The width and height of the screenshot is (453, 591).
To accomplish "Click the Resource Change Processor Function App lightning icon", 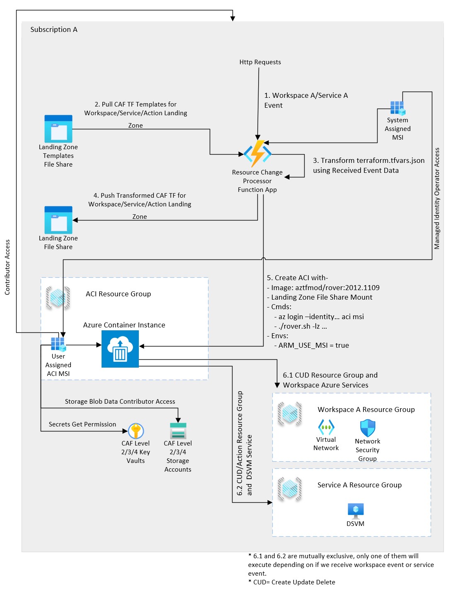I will (257, 153).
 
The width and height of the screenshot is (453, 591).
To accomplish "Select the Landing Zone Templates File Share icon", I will (58, 129).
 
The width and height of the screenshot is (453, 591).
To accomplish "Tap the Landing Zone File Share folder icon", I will (58, 220).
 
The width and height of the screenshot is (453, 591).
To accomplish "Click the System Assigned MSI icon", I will (397, 108).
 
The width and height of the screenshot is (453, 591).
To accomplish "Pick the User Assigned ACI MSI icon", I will (58, 344).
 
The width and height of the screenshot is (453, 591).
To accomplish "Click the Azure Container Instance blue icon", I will (120, 349).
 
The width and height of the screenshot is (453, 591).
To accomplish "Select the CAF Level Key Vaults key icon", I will (136, 431).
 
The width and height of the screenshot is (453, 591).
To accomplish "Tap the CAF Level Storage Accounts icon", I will (178, 431).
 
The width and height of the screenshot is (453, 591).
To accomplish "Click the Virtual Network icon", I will (326, 427).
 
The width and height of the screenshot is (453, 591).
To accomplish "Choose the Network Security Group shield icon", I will (368, 428).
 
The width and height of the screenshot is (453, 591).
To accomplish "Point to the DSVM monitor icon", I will (356, 511).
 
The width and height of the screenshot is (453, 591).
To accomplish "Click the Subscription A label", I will (54, 29).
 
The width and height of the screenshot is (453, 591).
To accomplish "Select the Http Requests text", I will (260, 62).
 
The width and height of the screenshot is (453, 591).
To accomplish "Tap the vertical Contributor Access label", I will (7, 267).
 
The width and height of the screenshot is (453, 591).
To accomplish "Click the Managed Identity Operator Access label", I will (437, 199).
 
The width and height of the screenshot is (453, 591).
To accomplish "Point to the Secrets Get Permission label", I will (82, 424).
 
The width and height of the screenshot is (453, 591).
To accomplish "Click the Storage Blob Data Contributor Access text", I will (120, 402).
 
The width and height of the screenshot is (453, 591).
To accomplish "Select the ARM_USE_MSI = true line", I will (313, 345).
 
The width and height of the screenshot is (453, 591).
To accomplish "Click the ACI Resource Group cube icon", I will (58, 298).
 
